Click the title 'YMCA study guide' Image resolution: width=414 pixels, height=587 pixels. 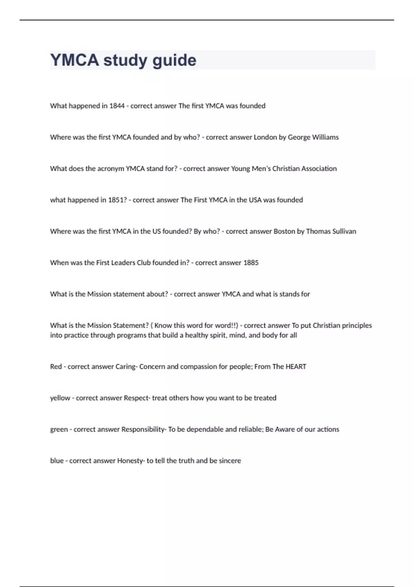(123, 60)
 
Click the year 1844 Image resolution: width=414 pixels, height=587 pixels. (117, 106)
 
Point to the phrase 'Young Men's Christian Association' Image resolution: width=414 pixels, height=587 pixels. (284, 169)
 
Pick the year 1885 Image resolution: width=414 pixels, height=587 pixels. (251, 263)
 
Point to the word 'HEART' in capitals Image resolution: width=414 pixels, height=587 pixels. (296, 367)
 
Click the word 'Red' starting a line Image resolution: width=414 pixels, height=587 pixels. (56, 367)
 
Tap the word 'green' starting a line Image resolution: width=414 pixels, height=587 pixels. (59, 430)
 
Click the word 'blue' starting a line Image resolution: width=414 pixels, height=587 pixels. (57, 461)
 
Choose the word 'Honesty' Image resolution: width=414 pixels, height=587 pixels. (130, 461)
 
